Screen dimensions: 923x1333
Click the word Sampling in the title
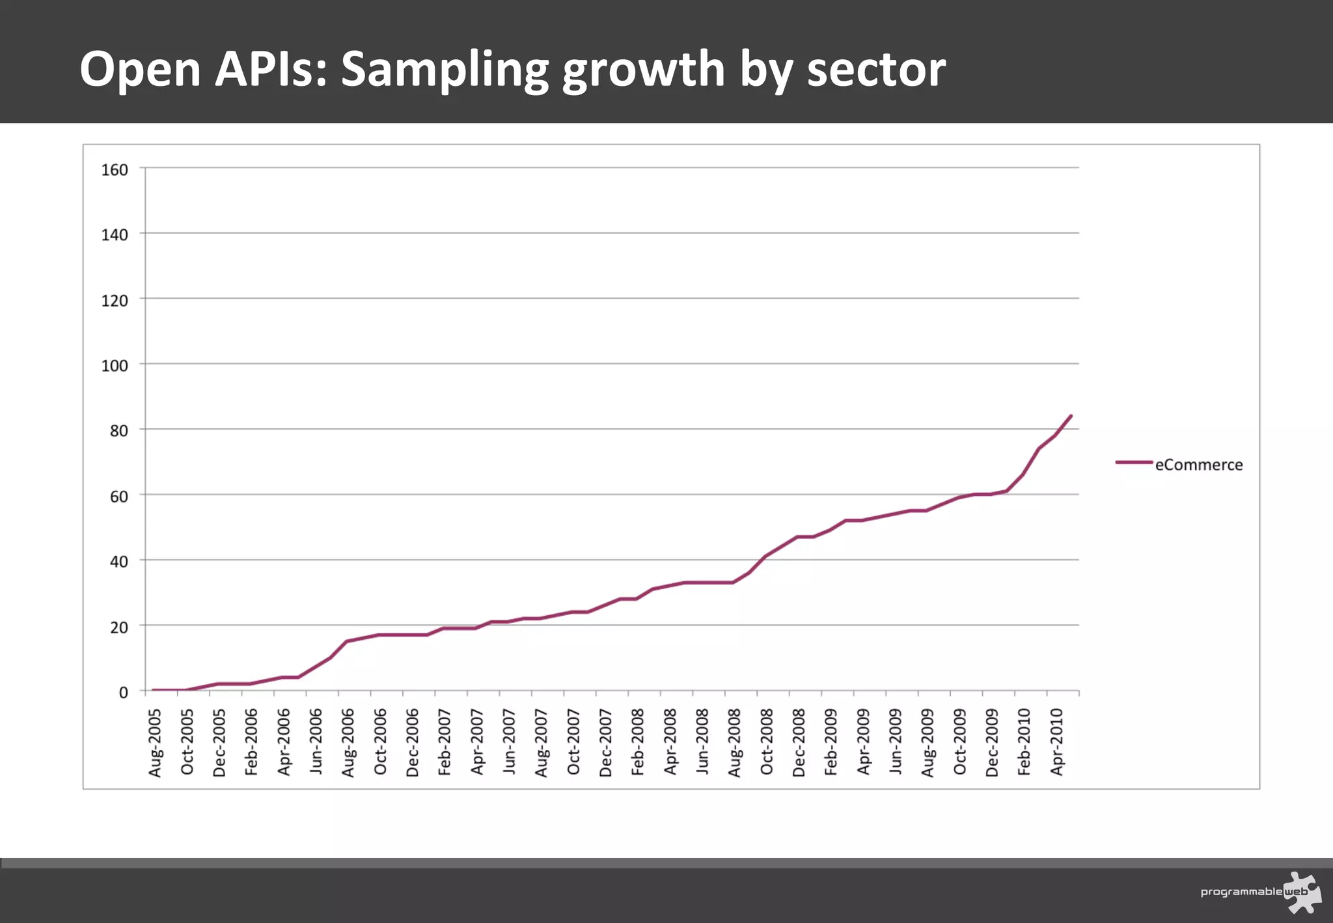pos(445,70)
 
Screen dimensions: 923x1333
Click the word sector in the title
pos(875,70)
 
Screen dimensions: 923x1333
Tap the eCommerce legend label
pos(1198,465)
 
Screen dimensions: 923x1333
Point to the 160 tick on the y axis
pos(115,170)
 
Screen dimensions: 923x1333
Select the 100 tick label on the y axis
pos(115,366)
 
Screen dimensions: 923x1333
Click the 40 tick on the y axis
pos(118,562)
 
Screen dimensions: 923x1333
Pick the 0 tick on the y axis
pos(123,693)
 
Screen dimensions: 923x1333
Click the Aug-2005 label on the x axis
pos(155,743)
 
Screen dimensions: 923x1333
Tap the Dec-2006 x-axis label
pos(413,743)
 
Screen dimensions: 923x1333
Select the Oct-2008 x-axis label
pos(767,743)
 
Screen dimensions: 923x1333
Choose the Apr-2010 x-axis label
pos(1056,743)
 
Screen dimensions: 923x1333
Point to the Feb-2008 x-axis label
pos(638,743)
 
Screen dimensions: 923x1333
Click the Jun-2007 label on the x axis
pos(509,743)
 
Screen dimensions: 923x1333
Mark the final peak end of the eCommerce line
pos(1071,416)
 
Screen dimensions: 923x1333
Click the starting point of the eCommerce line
pos(153,690)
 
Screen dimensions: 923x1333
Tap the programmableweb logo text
pos(1241,892)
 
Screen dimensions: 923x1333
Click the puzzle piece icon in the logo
pos(1303,892)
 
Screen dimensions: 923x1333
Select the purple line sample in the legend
pos(1134,462)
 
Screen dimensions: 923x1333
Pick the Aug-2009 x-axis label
pos(928,743)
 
